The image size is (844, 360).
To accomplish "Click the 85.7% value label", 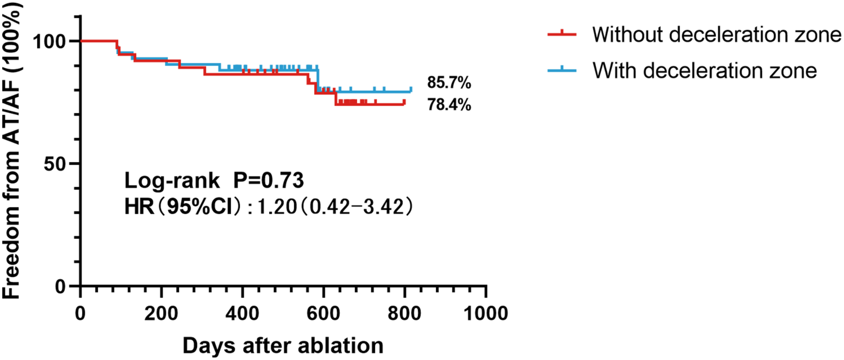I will pyautogui.click(x=449, y=83).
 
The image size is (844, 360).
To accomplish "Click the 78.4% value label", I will pyautogui.click(x=449, y=105).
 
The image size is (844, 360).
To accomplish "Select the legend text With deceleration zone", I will pyautogui.click(x=704, y=70).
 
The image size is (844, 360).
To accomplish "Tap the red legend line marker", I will pyautogui.click(x=562, y=34).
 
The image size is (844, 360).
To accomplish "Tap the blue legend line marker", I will pyautogui.click(x=562, y=70).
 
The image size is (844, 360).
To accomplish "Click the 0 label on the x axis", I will pyautogui.click(x=80, y=313).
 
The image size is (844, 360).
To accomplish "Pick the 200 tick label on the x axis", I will pyautogui.click(x=161, y=313).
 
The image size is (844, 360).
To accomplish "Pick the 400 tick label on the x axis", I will pyautogui.click(x=242, y=313).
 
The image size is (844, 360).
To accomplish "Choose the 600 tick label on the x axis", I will pyautogui.click(x=323, y=313).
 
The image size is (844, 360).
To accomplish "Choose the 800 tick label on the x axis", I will pyautogui.click(x=404, y=313).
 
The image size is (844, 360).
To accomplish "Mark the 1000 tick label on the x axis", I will pyautogui.click(x=486, y=313).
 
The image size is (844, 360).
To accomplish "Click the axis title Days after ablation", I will pyautogui.click(x=283, y=346).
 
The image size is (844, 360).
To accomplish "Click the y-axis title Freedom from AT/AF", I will pyautogui.click(x=11, y=151).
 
